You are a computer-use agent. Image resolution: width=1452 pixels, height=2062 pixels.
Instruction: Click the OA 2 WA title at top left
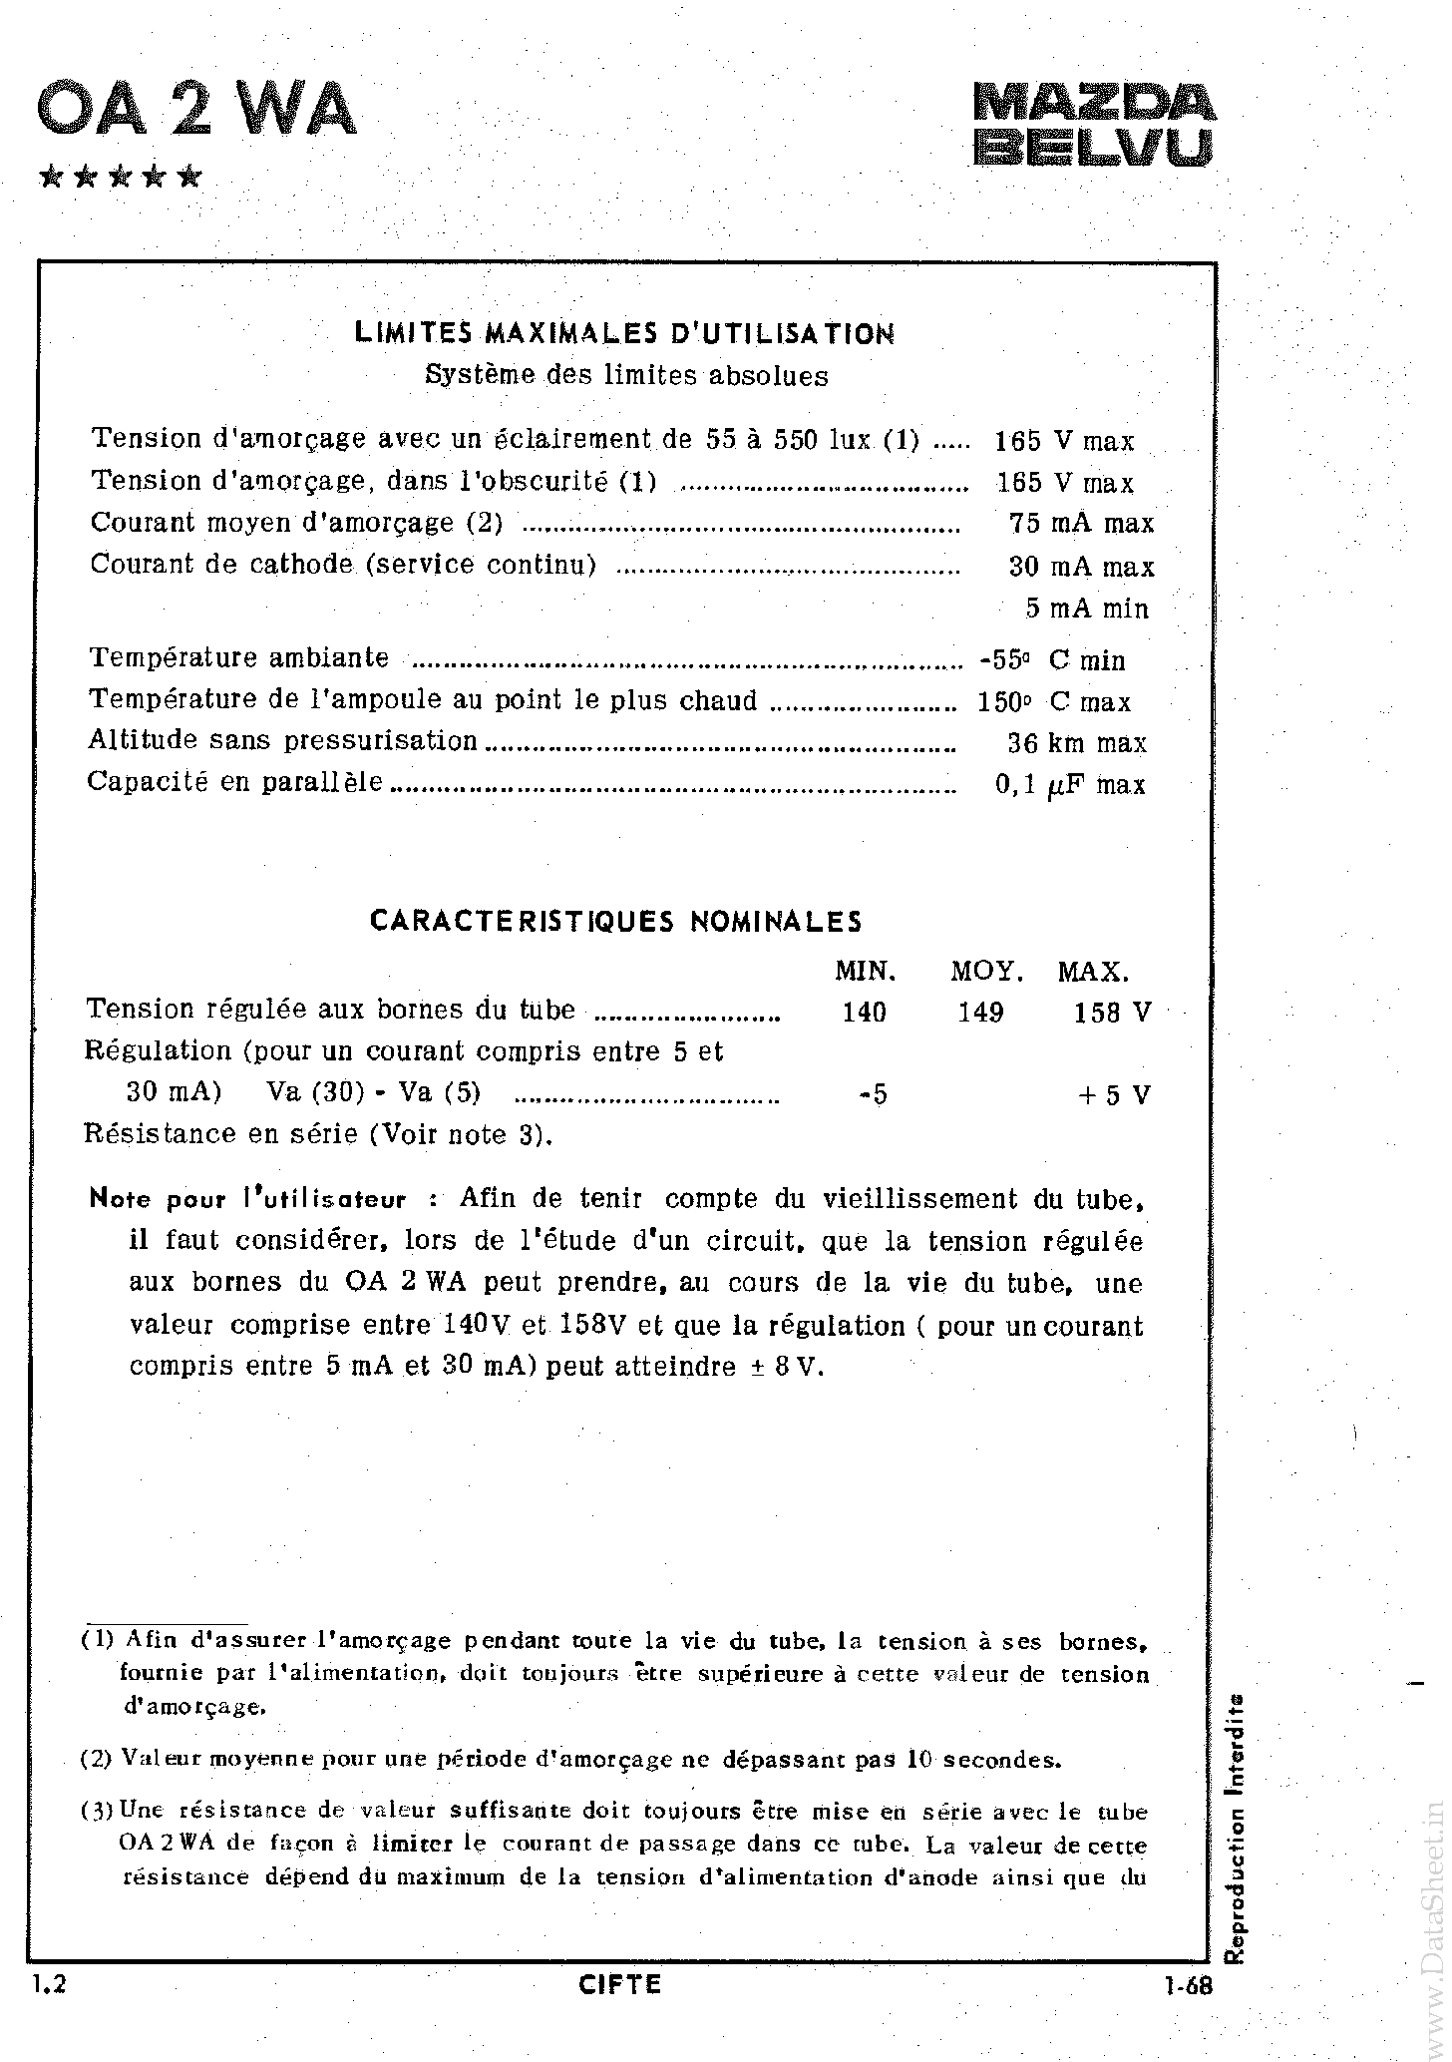(195, 111)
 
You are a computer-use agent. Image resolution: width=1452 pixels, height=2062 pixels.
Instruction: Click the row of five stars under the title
(121, 178)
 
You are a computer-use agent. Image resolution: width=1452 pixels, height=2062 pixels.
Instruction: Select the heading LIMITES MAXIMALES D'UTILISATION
(624, 333)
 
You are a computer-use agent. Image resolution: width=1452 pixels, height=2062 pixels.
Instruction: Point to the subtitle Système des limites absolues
(626, 376)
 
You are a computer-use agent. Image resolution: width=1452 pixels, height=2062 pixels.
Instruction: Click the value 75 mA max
(1081, 524)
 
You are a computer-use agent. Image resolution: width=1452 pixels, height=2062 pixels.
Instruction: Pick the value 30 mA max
(1081, 567)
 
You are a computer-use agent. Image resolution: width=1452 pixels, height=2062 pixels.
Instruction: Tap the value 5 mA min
(1087, 609)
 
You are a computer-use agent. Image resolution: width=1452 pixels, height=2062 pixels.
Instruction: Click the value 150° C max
(1054, 702)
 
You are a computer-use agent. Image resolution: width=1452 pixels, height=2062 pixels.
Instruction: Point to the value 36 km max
(1077, 743)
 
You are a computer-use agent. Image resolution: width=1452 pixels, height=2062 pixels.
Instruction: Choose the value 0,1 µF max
(1070, 785)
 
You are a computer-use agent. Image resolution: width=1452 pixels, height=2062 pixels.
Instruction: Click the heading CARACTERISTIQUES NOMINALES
(616, 920)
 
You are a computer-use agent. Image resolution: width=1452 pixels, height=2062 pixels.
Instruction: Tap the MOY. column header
(986, 971)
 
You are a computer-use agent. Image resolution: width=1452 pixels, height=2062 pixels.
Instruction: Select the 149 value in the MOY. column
(980, 1013)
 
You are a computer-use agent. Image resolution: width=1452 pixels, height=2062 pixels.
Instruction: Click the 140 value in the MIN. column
(864, 1013)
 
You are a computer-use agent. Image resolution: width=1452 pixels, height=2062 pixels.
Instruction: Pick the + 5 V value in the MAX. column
(1114, 1095)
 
